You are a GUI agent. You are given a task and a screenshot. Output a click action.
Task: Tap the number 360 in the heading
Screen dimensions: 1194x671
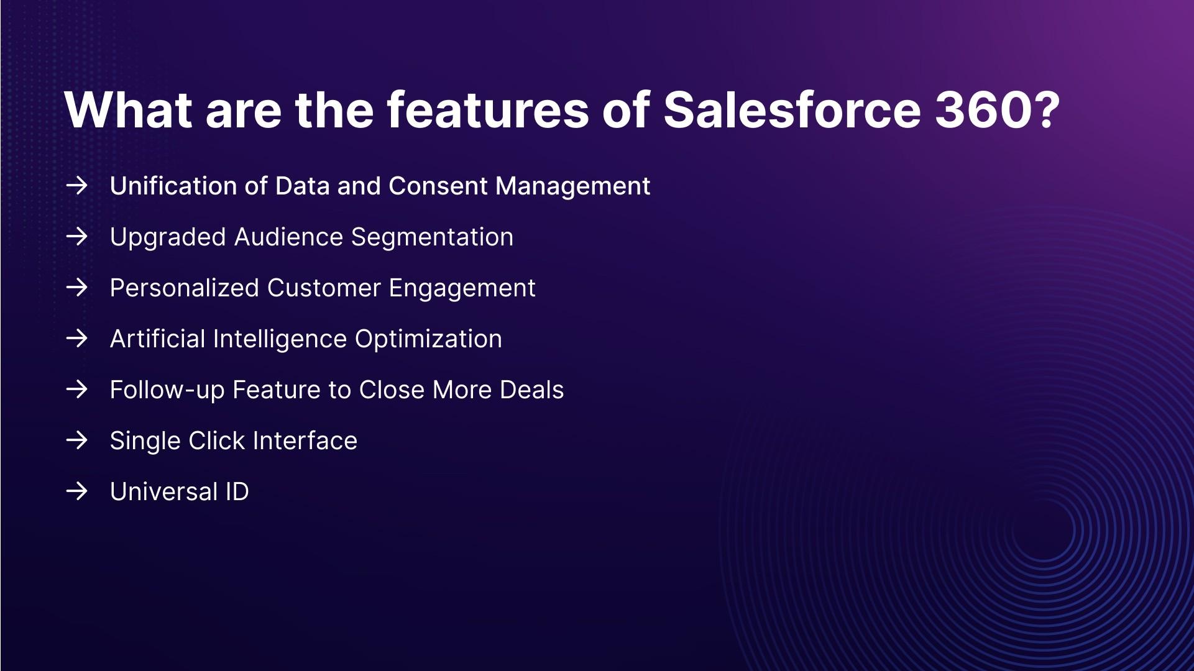[984, 110]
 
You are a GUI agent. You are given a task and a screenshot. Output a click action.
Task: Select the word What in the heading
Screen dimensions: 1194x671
[128, 110]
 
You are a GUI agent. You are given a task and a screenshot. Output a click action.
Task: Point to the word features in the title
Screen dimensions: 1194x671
[487, 110]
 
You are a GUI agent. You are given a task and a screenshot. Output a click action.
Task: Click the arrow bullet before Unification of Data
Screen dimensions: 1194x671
[76, 185]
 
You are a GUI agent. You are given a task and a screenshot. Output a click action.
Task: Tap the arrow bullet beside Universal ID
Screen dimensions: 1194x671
[76, 491]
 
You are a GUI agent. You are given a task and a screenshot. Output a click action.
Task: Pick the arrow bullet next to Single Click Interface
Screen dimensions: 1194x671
[76, 440]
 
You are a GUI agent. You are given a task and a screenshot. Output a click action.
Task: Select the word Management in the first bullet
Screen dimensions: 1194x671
[573, 186]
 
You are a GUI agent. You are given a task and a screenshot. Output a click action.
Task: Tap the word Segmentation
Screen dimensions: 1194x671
[432, 237]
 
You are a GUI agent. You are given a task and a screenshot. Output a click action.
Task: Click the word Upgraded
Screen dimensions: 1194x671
[168, 237]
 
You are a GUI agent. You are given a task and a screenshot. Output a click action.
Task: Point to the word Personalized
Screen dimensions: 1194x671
[185, 288]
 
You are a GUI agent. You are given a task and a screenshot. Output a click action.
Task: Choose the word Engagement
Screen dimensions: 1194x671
[462, 288]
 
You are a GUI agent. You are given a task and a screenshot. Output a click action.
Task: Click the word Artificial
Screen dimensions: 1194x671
[158, 339]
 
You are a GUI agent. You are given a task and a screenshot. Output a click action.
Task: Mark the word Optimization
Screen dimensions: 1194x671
[428, 339]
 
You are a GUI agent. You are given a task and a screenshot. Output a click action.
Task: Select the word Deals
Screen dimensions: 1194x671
[531, 390]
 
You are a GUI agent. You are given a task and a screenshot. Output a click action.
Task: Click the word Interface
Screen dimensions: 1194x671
[305, 440]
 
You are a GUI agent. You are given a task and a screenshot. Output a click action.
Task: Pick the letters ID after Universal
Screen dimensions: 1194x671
[237, 491]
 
